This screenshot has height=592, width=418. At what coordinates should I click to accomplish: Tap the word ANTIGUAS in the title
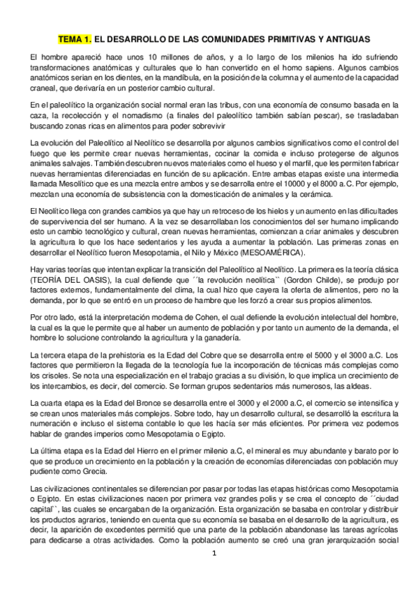(x=340, y=40)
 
